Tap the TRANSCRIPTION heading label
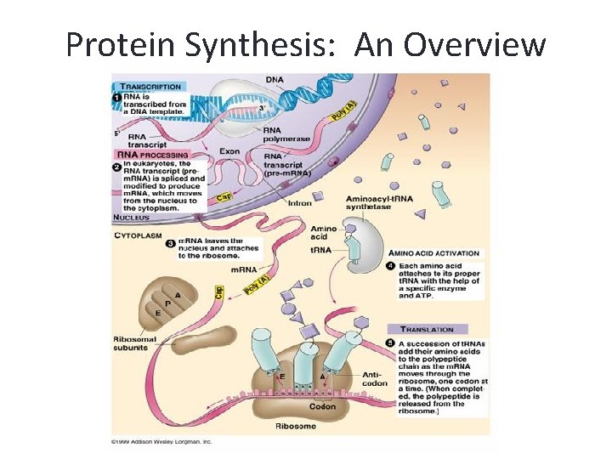[150, 86]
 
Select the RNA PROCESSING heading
[152, 156]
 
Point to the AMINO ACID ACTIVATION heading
[434, 253]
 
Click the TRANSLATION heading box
[427, 329]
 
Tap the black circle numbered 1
[116, 99]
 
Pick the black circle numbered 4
[390, 267]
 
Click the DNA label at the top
[275, 80]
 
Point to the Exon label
[229, 151]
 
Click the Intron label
[300, 203]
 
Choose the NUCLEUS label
[132, 218]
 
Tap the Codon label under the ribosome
[322, 405]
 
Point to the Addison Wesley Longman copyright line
[161, 442]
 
